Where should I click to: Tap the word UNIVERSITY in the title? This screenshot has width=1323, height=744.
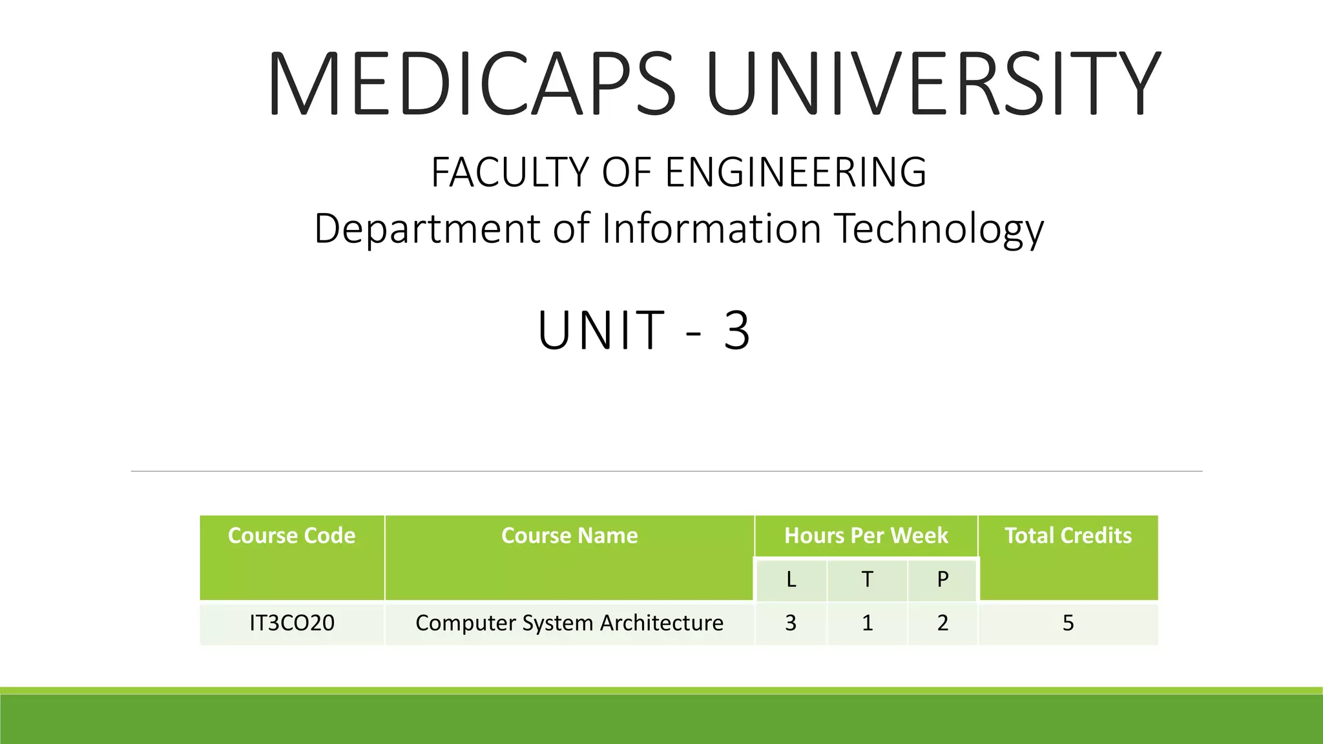click(x=933, y=84)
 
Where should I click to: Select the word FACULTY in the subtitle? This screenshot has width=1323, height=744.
click(x=510, y=172)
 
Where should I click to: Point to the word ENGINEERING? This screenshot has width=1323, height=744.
click(x=796, y=172)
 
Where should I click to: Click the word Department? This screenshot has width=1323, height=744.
click(x=427, y=229)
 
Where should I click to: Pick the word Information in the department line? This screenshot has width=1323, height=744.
click(x=711, y=229)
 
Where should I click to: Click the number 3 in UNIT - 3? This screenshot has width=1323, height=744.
click(x=736, y=331)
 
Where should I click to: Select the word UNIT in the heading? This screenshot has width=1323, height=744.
click(x=601, y=331)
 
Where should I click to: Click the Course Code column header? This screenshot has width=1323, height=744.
click(x=292, y=536)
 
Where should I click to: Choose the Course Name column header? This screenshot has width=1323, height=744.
click(x=569, y=536)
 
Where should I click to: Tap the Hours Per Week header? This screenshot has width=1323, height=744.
click(x=866, y=536)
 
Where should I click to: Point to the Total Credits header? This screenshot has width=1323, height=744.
click(x=1068, y=536)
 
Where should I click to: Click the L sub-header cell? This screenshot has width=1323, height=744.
click(x=791, y=579)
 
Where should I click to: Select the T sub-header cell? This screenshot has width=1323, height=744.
click(x=867, y=579)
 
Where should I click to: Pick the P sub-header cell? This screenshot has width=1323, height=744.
click(x=943, y=579)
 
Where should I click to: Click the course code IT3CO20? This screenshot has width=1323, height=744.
click(x=292, y=623)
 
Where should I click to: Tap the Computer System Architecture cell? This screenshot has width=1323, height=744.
click(x=569, y=623)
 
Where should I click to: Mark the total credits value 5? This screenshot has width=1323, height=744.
click(x=1068, y=623)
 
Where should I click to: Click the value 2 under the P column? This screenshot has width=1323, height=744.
click(x=943, y=623)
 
